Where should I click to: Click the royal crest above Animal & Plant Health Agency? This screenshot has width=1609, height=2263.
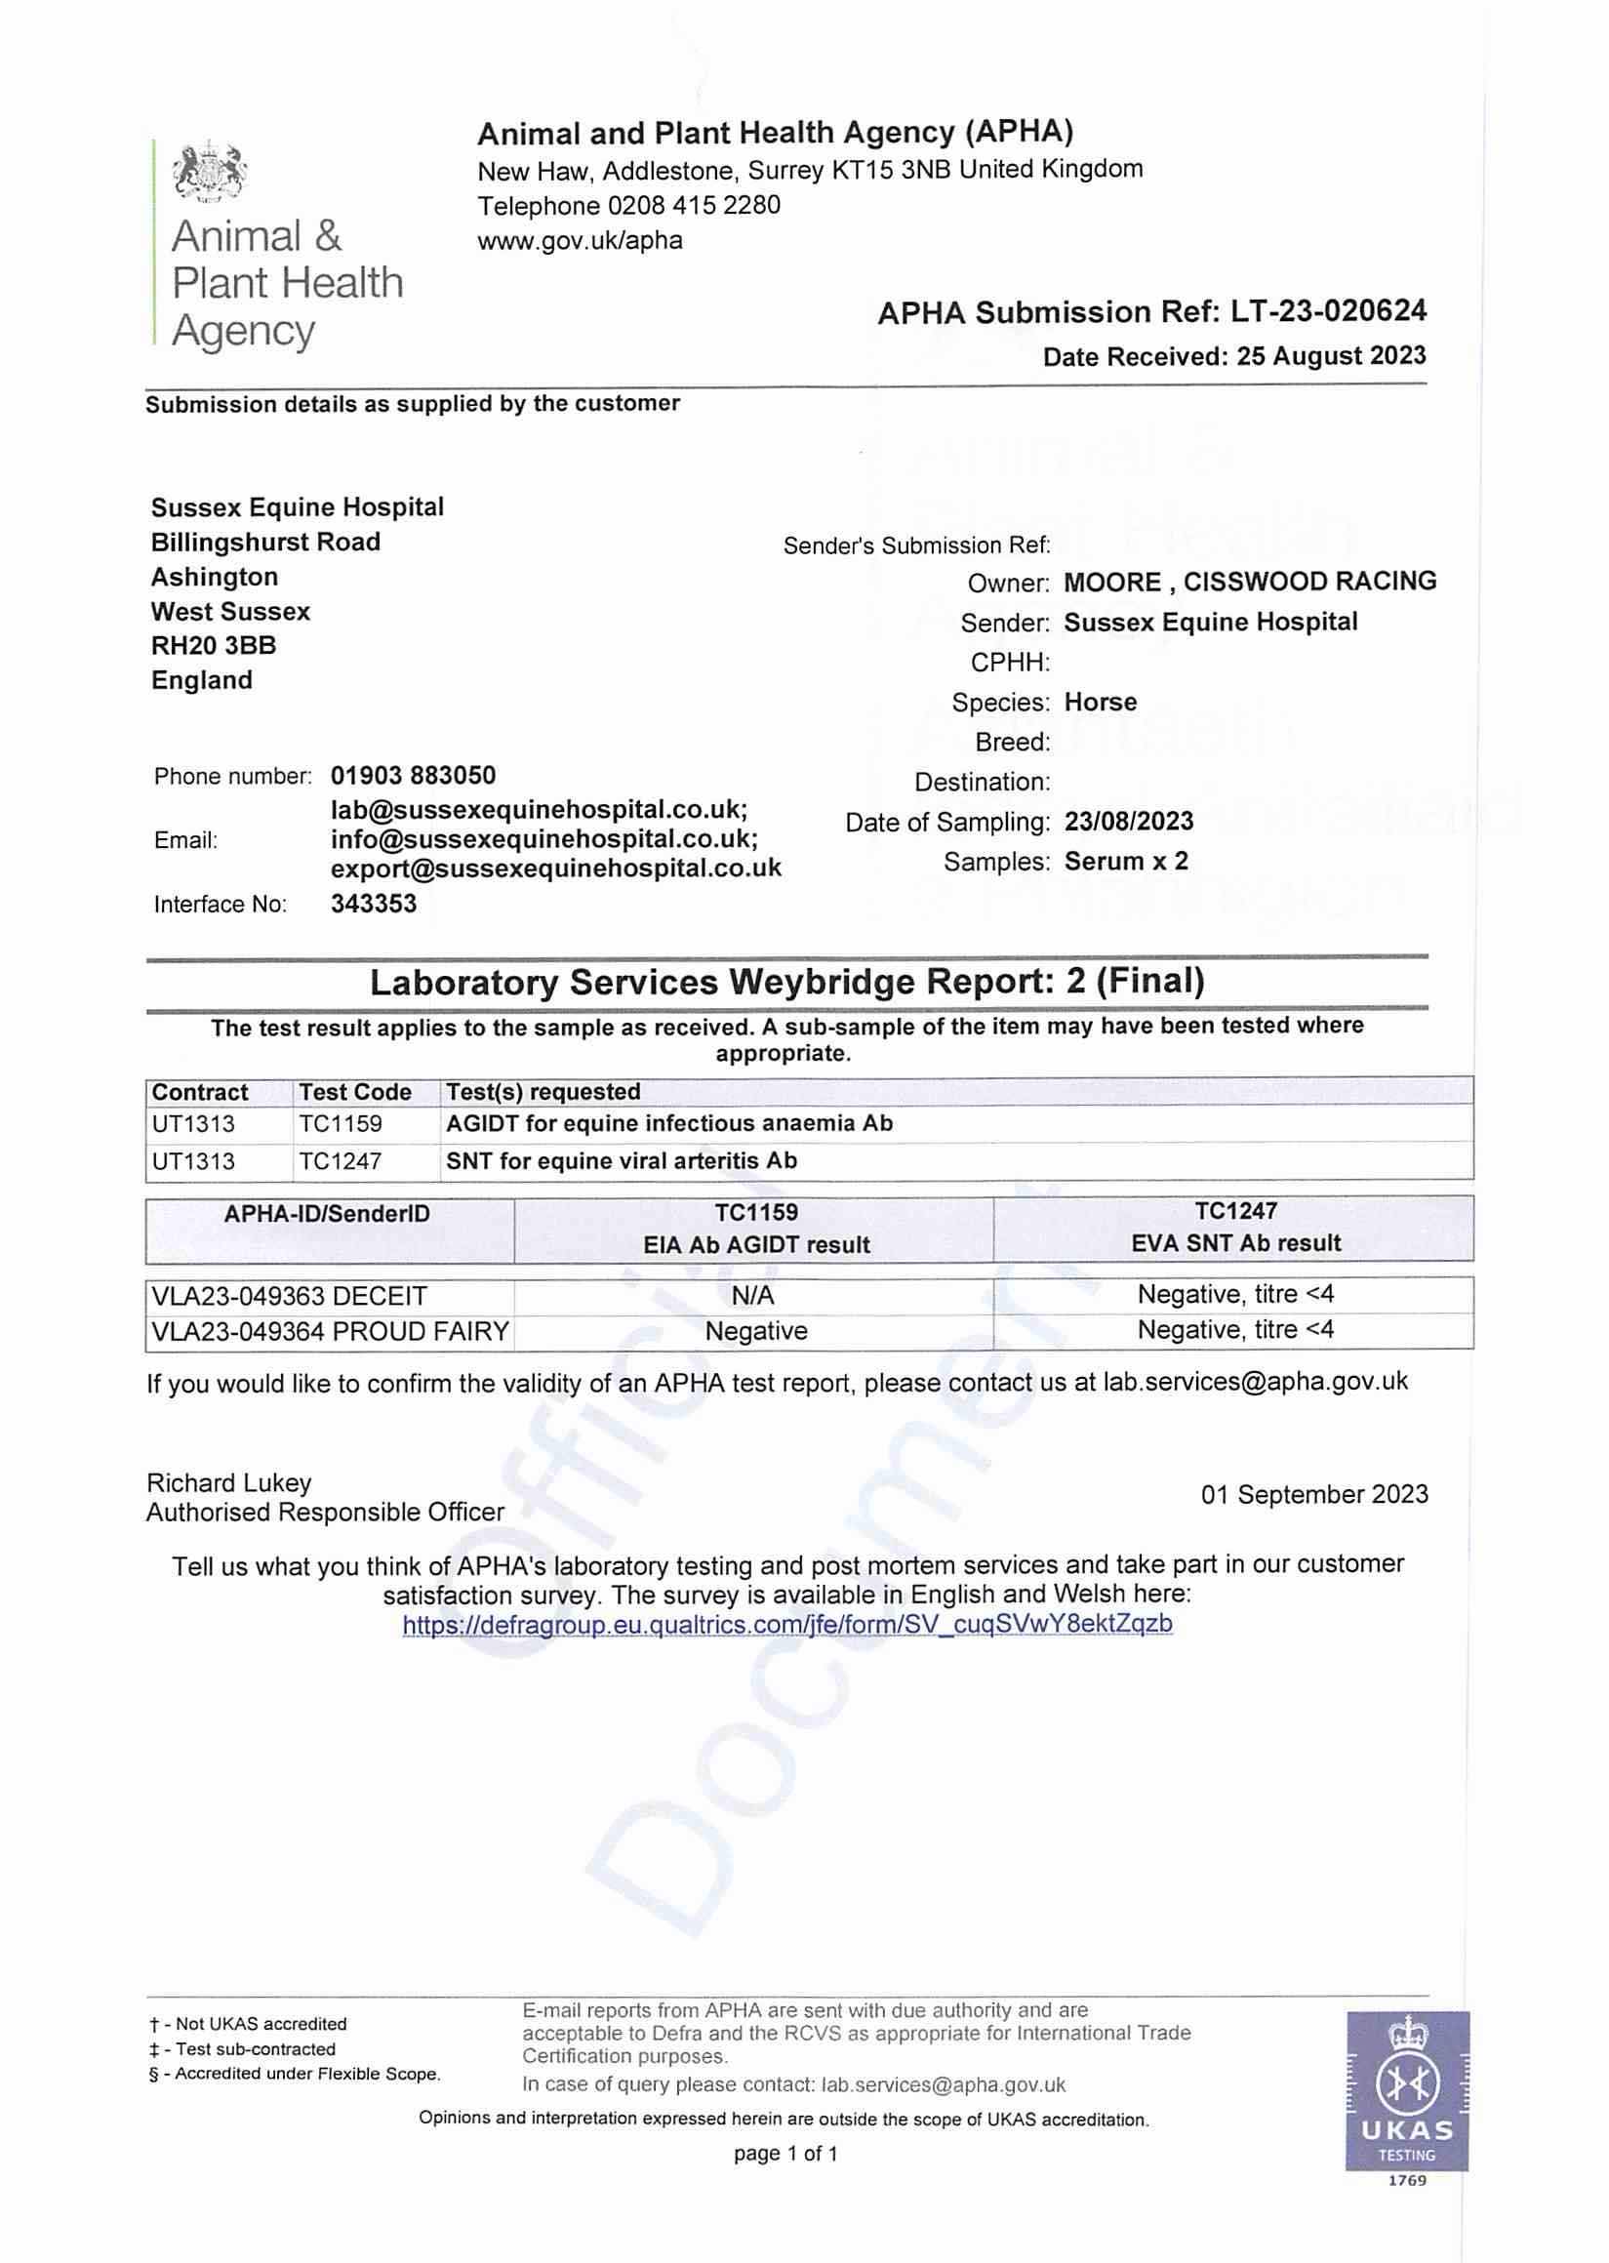point(209,172)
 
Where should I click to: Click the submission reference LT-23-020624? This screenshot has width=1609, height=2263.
point(1328,311)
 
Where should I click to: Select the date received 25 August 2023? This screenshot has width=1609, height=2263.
point(1331,356)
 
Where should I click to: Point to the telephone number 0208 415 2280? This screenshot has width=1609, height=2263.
point(694,205)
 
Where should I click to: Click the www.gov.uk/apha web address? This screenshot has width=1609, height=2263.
point(580,241)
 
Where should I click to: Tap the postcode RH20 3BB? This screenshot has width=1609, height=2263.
point(213,646)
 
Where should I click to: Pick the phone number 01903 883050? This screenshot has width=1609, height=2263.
point(413,775)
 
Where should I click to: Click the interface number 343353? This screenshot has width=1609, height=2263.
point(374,904)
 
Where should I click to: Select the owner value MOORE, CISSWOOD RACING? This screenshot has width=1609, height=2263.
point(1249,582)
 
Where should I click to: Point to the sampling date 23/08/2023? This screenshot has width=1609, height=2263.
point(1129,822)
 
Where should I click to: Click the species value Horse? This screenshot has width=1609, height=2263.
point(1100,703)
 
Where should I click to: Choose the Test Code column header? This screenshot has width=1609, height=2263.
point(355,1092)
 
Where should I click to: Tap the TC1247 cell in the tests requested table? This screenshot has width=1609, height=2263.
point(340,1161)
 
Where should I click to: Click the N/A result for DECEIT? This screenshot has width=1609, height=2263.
point(753,1296)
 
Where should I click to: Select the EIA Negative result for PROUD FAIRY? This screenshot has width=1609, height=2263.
point(756,1331)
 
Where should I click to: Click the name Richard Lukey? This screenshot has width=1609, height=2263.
point(229,1482)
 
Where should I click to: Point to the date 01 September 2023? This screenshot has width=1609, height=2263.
point(1313,1494)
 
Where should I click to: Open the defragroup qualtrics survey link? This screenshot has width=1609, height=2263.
point(786,1624)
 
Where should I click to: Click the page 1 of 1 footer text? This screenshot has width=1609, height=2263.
point(785,2153)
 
